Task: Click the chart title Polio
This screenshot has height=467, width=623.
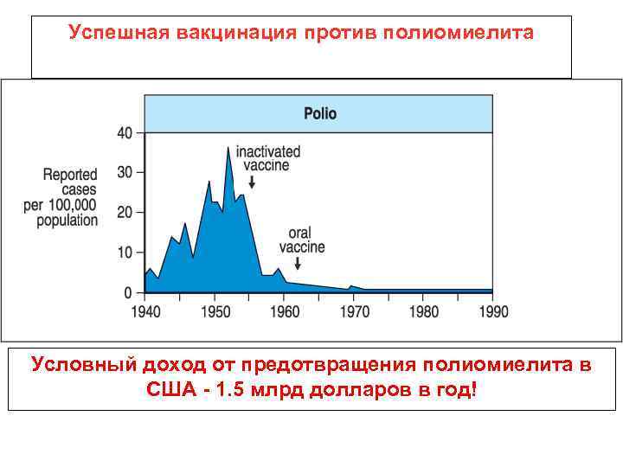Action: pyautogui.click(x=319, y=113)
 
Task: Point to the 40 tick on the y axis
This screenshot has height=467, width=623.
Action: pyautogui.click(x=125, y=133)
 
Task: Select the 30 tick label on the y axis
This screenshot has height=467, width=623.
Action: pyautogui.click(x=125, y=173)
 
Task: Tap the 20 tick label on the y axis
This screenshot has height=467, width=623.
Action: pyautogui.click(x=125, y=213)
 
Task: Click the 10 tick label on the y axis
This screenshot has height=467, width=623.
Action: pyautogui.click(x=125, y=253)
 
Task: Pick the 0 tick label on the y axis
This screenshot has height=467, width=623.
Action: pyautogui.click(x=129, y=293)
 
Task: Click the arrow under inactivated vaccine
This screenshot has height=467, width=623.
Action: pyautogui.click(x=251, y=182)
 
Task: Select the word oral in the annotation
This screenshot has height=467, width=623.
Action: pyautogui.click(x=300, y=233)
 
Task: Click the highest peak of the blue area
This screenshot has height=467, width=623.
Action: pyautogui.click(x=228, y=149)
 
